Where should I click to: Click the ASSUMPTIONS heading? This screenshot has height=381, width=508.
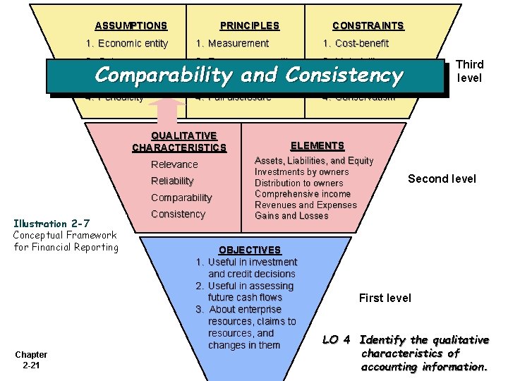pyautogui.click(x=131, y=26)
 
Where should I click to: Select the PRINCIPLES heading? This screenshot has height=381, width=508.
pyautogui.click(x=249, y=26)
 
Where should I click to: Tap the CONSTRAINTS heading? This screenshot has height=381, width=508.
pyautogui.click(x=368, y=26)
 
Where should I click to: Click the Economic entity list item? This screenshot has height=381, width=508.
pyautogui.click(x=127, y=43)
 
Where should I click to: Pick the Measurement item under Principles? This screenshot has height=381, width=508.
pyautogui.click(x=232, y=43)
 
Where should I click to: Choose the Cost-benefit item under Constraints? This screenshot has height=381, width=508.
pyautogui.click(x=356, y=43)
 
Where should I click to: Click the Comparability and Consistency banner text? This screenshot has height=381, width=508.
pyautogui.click(x=248, y=75)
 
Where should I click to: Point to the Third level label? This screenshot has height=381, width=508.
pyautogui.click(x=469, y=71)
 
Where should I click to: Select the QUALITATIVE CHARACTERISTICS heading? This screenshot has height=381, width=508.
pyautogui.click(x=179, y=142)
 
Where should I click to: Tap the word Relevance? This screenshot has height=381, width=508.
pyautogui.click(x=174, y=164)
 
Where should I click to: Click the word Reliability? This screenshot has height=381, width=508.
pyautogui.click(x=172, y=181)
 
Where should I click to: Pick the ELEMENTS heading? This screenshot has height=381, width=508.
pyautogui.click(x=317, y=146)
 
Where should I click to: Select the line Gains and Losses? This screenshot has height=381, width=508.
pyautogui.click(x=291, y=216)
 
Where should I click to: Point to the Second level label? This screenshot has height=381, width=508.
pyautogui.click(x=442, y=179)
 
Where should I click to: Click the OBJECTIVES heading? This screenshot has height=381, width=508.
pyautogui.click(x=250, y=250)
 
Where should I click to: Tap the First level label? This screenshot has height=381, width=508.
pyautogui.click(x=385, y=298)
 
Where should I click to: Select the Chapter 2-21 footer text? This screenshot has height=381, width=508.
pyautogui.click(x=30, y=360)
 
